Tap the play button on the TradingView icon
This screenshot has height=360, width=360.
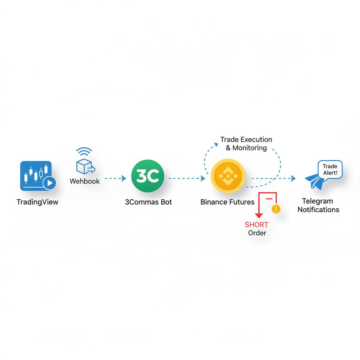point(50,183)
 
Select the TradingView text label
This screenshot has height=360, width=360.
point(37,202)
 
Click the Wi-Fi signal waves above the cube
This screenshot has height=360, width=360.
point(84,152)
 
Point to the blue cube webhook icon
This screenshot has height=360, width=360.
point(84,166)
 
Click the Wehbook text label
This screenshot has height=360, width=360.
point(85,181)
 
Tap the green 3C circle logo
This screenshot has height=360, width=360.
point(147,176)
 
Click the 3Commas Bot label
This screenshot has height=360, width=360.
point(148,202)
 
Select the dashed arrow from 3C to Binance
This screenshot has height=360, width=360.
point(186,179)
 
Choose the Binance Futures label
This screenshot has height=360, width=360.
point(227,202)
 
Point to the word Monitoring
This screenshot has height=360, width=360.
point(250,148)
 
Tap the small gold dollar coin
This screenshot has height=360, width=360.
point(276,209)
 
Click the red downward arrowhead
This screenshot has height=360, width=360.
point(259,216)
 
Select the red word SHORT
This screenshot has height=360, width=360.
point(257,225)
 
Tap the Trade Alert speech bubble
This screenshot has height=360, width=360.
point(330,169)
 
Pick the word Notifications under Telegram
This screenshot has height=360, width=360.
point(319,210)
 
